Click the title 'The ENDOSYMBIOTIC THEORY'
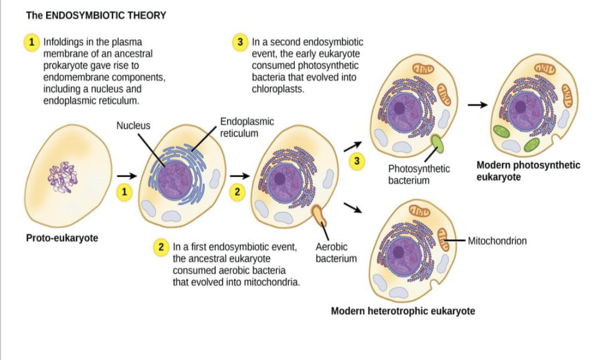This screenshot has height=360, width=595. pyautogui.click(x=96, y=16)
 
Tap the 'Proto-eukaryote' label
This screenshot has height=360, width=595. pyautogui.click(x=62, y=238)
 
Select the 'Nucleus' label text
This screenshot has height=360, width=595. pyautogui.click(x=133, y=126)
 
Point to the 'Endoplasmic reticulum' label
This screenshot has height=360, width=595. pyautogui.click(x=247, y=127)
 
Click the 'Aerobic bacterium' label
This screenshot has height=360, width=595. pyautogui.click(x=336, y=253)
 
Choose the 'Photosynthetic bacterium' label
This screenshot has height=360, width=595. pyautogui.click(x=419, y=174)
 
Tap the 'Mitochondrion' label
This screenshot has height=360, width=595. pyautogui.click(x=497, y=241)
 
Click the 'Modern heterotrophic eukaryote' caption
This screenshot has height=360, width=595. pyautogui.click(x=403, y=311)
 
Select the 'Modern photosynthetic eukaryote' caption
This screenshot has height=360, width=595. pyautogui.click(x=528, y=171)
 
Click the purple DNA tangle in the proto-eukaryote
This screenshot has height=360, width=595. pyautogui.click(x=61, y=177)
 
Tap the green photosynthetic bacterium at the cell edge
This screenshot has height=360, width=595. pyautogui.click(x=437, y=143)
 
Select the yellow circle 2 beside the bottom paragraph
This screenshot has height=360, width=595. pyautogui.click(x=161, y=247)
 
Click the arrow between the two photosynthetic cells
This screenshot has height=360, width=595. pyautogui.click(x=477, y=105)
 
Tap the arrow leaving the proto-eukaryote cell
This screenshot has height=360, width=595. pyautogui.click(x=126, y=176)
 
